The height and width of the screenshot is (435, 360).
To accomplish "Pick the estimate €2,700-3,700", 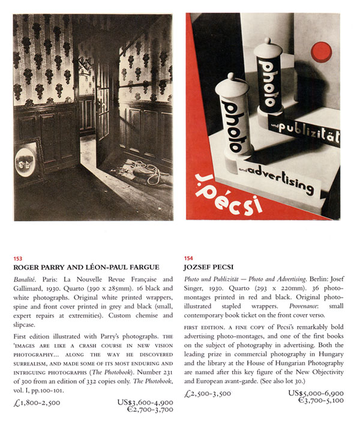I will click(148, 403).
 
